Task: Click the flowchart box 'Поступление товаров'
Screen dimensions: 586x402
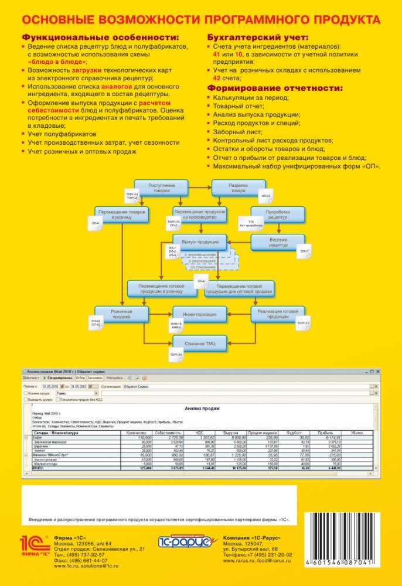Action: coord(158,188)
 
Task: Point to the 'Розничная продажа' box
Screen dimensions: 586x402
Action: coord(122,314)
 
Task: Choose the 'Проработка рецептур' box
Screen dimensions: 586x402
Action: coord(277,214)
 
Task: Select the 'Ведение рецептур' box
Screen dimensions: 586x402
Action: coord(278,242)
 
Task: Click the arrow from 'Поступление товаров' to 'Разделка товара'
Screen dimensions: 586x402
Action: coord(197,188)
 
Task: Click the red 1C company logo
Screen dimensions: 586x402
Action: coord(35,544)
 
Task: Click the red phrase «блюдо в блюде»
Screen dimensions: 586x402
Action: coord(57,61)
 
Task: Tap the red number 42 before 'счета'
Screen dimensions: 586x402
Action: coord(217,77)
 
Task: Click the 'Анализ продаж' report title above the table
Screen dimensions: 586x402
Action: coord(202,408)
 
